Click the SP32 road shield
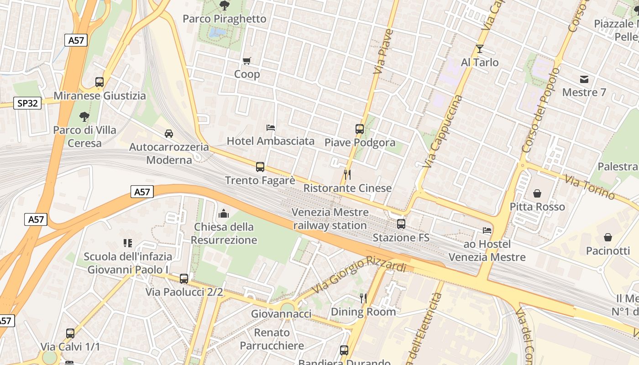pyautogui.click(x=27, y=103)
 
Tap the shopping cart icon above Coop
pyautogui.click(x=247, y=61)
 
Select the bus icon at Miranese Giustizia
pyautogui.click(x=100, y=82)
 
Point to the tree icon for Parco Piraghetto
pyautogui.click(x=224, y=5)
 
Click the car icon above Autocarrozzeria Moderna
pyautogui.click(x=169, y=134)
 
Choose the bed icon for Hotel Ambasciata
pyautogui.click(x=271, y=127)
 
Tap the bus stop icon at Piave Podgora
pyautogui.click(x=360, y=129)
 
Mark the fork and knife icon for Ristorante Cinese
pyautogui.click(x=347, y=174)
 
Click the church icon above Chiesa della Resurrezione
pyautogui.click(x=224, y=213)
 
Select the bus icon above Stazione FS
pyautogui.click(x=401, y=224)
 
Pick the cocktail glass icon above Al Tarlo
pyautogui.click(x=479, y=49)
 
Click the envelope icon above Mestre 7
pyautogui.click(x=584, y=79)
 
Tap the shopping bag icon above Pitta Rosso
pyautogui.click(x=537, y=193)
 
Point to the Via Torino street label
pyautogui.click(x=590, y=187)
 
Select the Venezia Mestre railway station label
pyautogui.click(x=330, y=219)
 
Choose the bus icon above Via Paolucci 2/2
pyautogui.click(x=184, y=278)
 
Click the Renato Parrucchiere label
pyautogui.click(x=272, y=339)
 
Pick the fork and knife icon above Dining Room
pyautogui.click(x=363, y=298)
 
